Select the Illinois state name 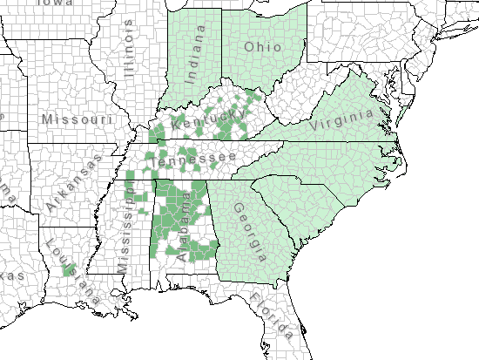tap(132, 51)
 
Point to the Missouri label tap(78, 118)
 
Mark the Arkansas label tap(71, 182)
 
